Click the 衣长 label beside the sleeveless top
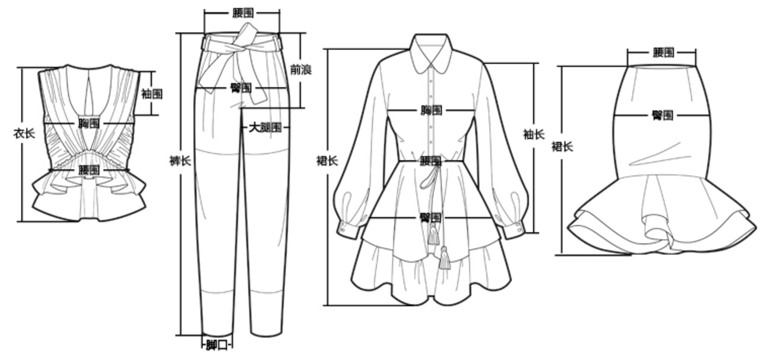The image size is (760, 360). point(24,133)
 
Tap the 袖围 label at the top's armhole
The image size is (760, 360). point(151,94)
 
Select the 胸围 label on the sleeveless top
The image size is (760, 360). point(89,123)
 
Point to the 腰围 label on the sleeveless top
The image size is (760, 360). point(89,170)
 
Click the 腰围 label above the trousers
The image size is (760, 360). point(243,12)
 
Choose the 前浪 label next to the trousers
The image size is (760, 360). point(300,70)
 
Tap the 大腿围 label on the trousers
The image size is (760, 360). point(265,127)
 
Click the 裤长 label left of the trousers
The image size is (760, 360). point(180,160)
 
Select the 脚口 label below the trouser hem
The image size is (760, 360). point(217,345)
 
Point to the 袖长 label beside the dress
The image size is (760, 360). point(533,134)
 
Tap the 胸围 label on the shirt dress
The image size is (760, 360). point(431,110)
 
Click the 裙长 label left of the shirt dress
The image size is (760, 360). point(327,160)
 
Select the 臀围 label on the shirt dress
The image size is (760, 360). point(430,217)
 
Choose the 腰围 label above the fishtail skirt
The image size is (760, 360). point(663,52)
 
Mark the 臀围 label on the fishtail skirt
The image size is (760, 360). point(662,115)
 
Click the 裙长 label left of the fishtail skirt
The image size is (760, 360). point(562,146)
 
